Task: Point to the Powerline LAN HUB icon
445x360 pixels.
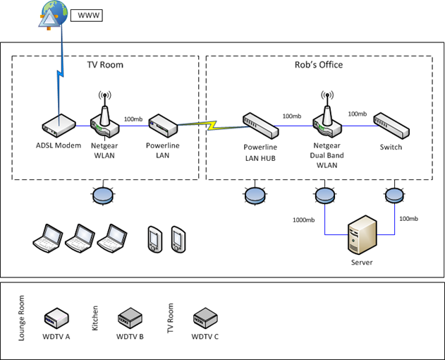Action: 260,125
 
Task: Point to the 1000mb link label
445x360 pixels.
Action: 304,220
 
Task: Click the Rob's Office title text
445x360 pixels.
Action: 319,64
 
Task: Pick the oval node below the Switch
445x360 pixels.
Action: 393,194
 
